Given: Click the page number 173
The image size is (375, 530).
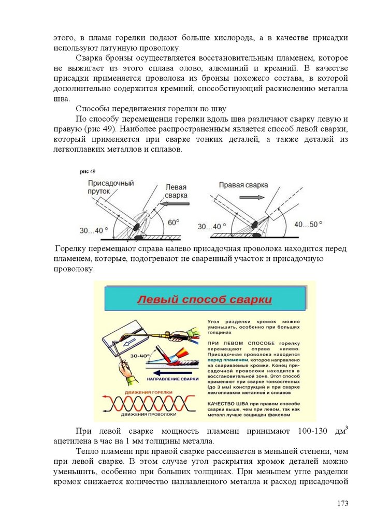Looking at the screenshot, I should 342,503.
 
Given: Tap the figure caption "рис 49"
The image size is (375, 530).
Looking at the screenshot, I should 88,171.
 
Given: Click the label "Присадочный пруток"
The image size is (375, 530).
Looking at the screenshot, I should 111,187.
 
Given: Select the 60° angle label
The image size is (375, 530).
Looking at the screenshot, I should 174,223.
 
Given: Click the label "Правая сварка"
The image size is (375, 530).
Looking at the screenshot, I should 243,185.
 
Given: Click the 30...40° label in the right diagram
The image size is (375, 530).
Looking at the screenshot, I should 212,227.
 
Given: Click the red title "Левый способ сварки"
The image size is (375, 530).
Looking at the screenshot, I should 204,300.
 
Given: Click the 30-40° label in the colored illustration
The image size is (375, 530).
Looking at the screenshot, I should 139,357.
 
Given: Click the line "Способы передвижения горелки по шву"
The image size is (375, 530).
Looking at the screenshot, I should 151,108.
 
